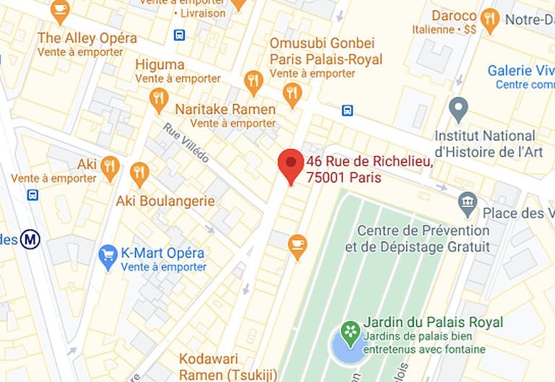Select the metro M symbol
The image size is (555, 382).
[x=30, y=239]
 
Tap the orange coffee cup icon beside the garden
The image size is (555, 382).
[x=297, y=245]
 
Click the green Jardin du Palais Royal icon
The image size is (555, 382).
[x=350, y=331]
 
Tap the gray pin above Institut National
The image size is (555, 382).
[x=458, y=110]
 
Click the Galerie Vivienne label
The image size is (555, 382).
[x=520, y=71]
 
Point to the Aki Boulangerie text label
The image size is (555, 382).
[x=165, y=200]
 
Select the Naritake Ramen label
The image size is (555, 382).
[x=225, y=109]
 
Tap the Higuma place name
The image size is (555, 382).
[x=160, y=64]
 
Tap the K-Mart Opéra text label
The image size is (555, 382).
[x=163, y=254]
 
